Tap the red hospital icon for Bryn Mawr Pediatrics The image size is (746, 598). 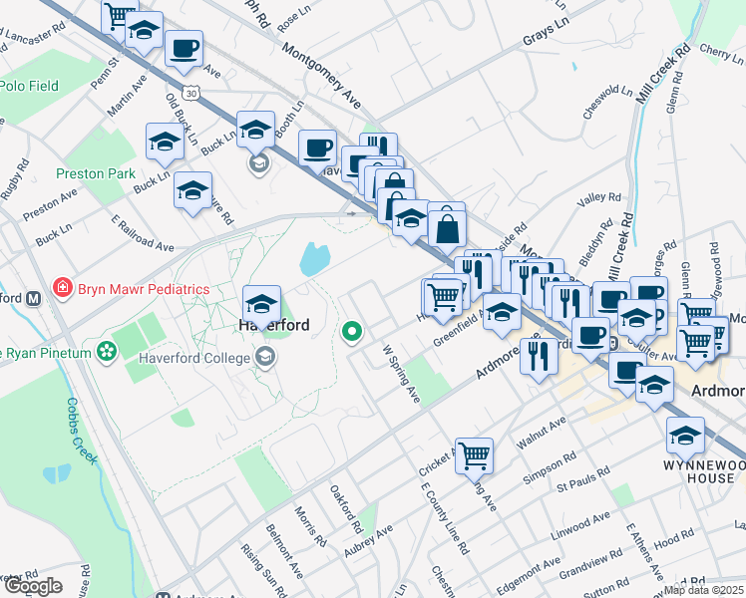pyautogui.click(x=62, y=288)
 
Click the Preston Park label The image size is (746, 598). pyautogui.click(x=95, y=173)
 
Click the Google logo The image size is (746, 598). pyautogui.click(x=32, y=586)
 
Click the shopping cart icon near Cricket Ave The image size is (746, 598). pyautogui.click(x=475, y=456)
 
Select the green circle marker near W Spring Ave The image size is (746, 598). pyautogui.click(x=352, y=332)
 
